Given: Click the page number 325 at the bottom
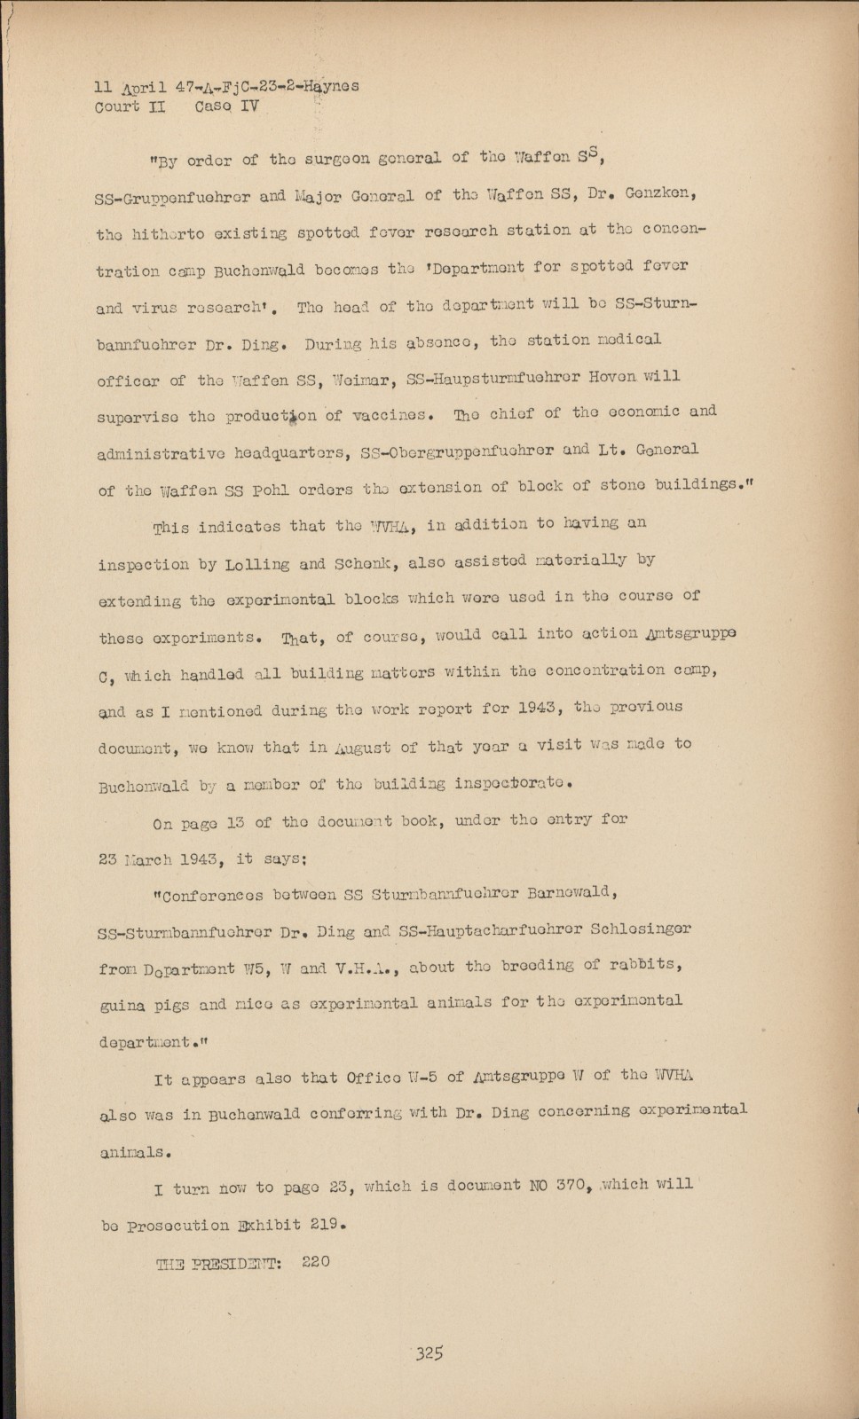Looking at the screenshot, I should (x=428, y=1353).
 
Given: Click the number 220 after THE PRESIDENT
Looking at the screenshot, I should (x=316, y=1261).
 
